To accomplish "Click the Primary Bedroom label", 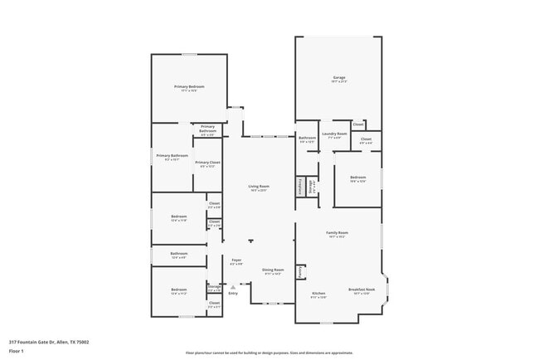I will [x=189, y=87].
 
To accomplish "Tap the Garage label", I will [x=339, y=77].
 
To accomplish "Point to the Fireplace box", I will [x=299, y=187].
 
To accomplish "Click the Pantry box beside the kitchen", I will [x=300, y=271].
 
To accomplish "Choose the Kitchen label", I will [x=319, y=294].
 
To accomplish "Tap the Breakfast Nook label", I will [x=362, y=289].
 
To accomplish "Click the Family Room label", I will [x=337, y=233].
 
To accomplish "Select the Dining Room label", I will [x=274, y=270].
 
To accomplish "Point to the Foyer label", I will [x=236, y=260].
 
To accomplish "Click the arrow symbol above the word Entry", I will [x=233, y=287].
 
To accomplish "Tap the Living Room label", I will [x=259, y=187].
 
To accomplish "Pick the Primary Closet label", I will [x=207, y=163].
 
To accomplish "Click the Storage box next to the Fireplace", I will [x=312, y=185].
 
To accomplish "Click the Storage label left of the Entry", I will [x=214, y=286].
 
